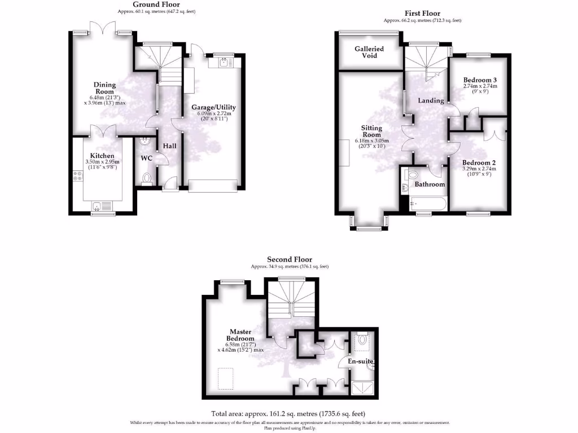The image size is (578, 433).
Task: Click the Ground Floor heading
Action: pyautogui.click(x=156, y=5)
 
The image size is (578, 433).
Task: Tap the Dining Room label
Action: pyautogui.click(x=104, y=89)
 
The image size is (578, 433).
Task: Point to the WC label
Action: pyautogui.click(x=147, y=158)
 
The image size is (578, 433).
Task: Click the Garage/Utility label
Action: pyautogui.click(x=213, y=107)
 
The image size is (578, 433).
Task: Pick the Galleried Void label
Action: pyautogui.click(x=369, y=52)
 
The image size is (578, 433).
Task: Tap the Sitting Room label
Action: pyautogui.click(x=371, y=131)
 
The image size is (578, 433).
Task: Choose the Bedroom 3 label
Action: pyautogui.click(x=480, y=79)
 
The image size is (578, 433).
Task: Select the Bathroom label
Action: pyautogui.click(x=430, y=184)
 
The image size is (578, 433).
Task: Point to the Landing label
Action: pyautogui.click(x=430, y=100)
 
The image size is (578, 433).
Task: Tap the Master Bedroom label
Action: pyautogui.click(x=240, y=335)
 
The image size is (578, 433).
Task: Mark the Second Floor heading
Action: pyautogui.click(x=290, y=260)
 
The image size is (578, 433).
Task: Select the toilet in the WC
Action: pyautogui.click(x=147, y=179)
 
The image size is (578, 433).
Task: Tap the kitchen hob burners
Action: pyautogui.click(x=77, y=176)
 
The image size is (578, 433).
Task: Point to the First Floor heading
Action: pyautogui.click(x=422, y=14)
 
